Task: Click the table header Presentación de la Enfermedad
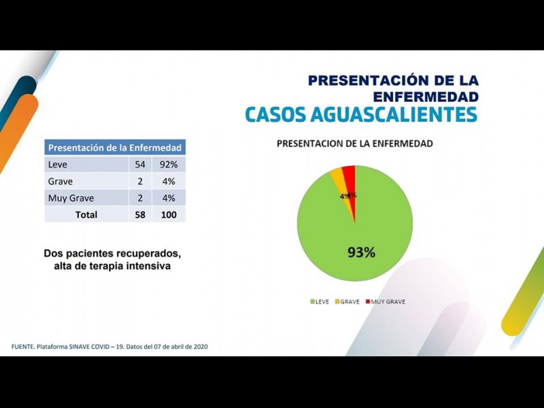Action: point(115,148)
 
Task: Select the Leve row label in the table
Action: point(58,165)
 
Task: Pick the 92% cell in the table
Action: point(168,165)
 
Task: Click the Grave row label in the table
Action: point(61,182)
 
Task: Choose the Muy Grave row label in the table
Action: point(71,199)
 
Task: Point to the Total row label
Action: point(86,215)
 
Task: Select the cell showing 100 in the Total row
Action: point(168,215)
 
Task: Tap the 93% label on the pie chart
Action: point(361,252)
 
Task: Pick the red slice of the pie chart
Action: point(350,175)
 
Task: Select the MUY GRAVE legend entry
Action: point(385,301)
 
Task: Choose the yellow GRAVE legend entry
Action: point(347,301)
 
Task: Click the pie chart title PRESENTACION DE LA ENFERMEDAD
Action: point(354,144)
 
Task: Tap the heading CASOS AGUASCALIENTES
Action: point(361,114)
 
